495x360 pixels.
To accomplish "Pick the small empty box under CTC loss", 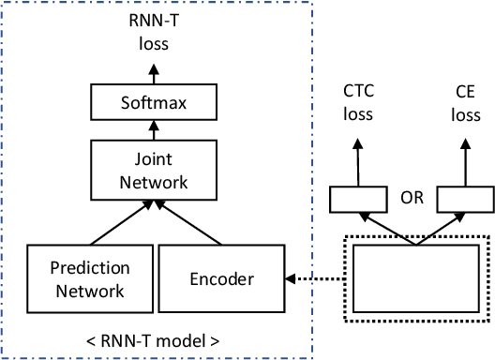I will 356,199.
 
